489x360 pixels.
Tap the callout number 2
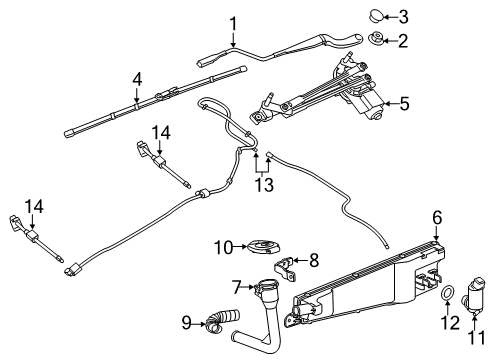[404, 41]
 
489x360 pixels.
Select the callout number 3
[404, 16]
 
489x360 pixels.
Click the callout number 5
[405, 102]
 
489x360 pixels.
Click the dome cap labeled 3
[375, 15]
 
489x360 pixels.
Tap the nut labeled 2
[378, 41]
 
